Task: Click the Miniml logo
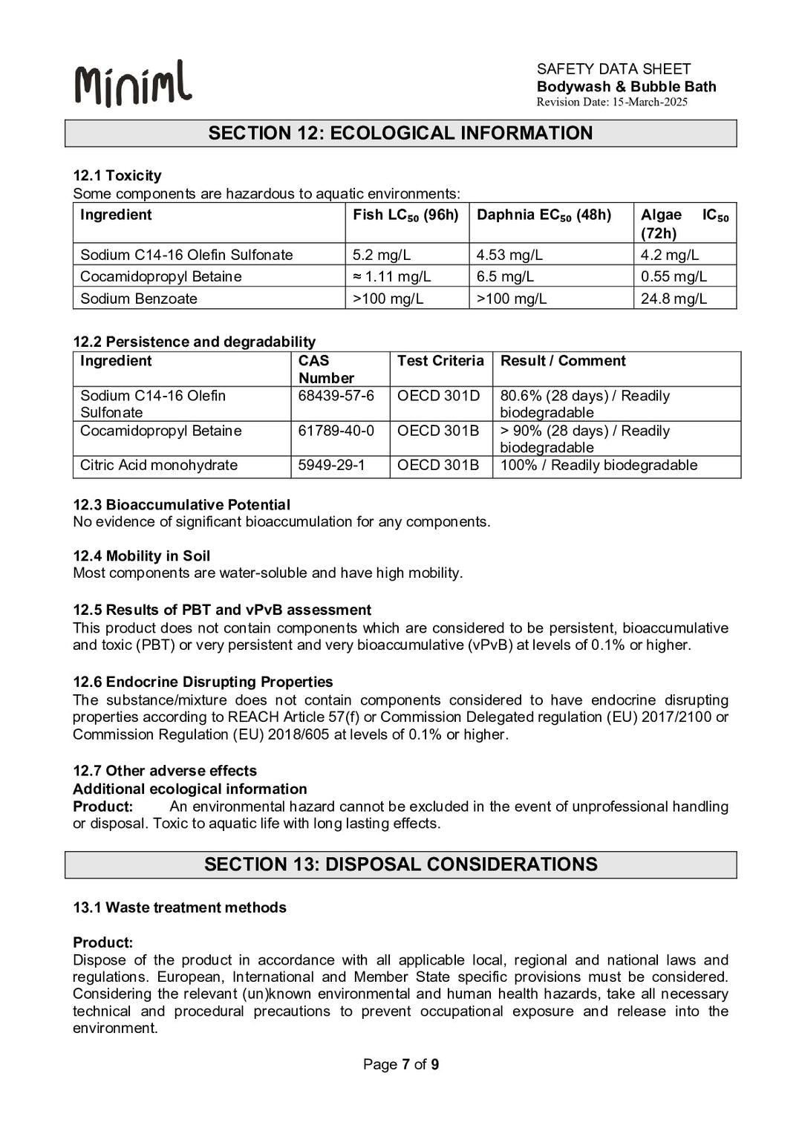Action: pyautogui.click(x=133, y=83)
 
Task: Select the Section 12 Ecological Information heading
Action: pyautogui.click(x=400, y=133)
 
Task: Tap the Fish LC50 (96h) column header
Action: pyautogui.click(x=405, y=215)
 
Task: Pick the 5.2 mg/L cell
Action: pyautogui.click(x=382, y=255)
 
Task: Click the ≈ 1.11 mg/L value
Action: pyautogui.click(x=391, y=276)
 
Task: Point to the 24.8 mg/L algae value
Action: pyautogui.click(x=674, y=299)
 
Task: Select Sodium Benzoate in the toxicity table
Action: pyautogui.click(x=139, y=299)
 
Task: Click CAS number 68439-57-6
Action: pyautogui.click(x=336, y=396)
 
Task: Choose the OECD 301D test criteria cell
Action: pyautogui.click(x=438, y=396)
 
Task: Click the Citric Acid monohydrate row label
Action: pyautogui.click(x=159, y=465)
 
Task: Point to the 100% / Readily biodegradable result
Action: pyautogui.click(x=599, y=465)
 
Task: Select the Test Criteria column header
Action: pyautogui.click(x=440, y=361)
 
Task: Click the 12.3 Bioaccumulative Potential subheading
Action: pyautogui.click(x=181, y=504)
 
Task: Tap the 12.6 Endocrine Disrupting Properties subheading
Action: pyautogui.click(x=203, y=682)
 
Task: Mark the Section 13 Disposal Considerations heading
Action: pyautogui.click(x=400, y=864)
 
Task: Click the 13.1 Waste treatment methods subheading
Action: pyautogui.click(x=179, y=907)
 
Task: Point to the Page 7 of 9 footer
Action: pyautogui.click(x=400, y=1064)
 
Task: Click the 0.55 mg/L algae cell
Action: pyautogui.click(x=674, y=276)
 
